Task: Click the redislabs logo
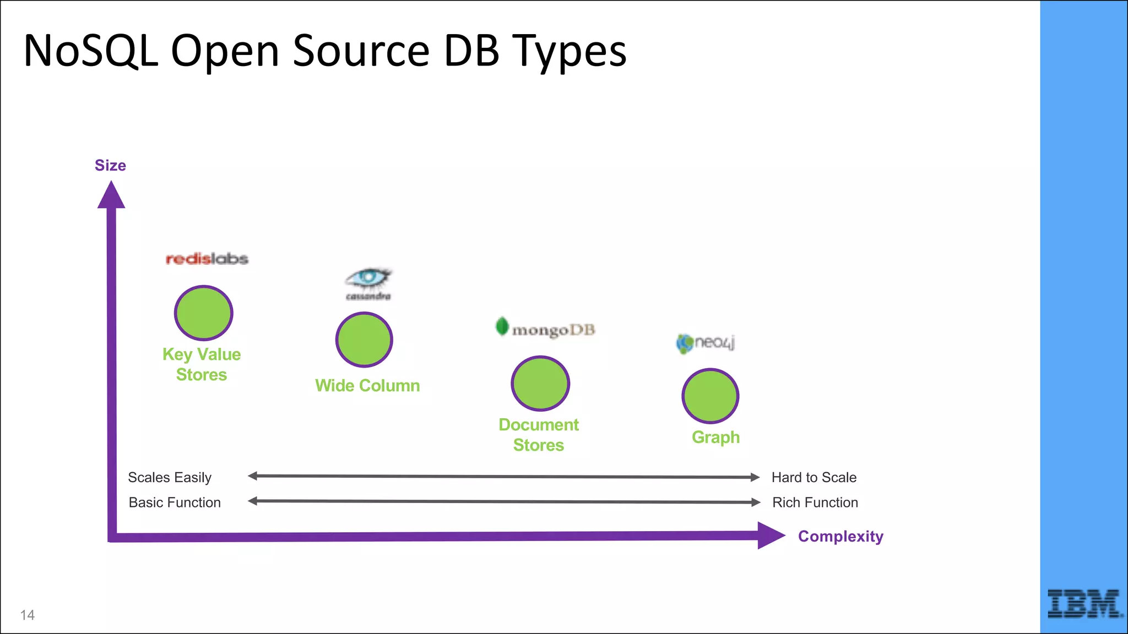coord(207,259)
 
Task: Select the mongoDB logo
coord(545,329)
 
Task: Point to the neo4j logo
coord(706,343)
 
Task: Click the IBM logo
coord(1084,603)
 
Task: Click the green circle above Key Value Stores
coord(204,313)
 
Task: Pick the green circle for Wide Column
coord(364,340)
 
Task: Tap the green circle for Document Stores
coord(540,384)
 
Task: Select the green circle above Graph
coord(711,396)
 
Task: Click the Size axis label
coord(110,166)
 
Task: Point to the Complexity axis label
coord(840,536)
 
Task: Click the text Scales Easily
coord(170,477)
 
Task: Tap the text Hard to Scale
coord(814,477)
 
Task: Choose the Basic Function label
coord(175,502)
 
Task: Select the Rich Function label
coord(815,502)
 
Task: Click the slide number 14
coord(28,615)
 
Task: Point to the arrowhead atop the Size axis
coord(111,196)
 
